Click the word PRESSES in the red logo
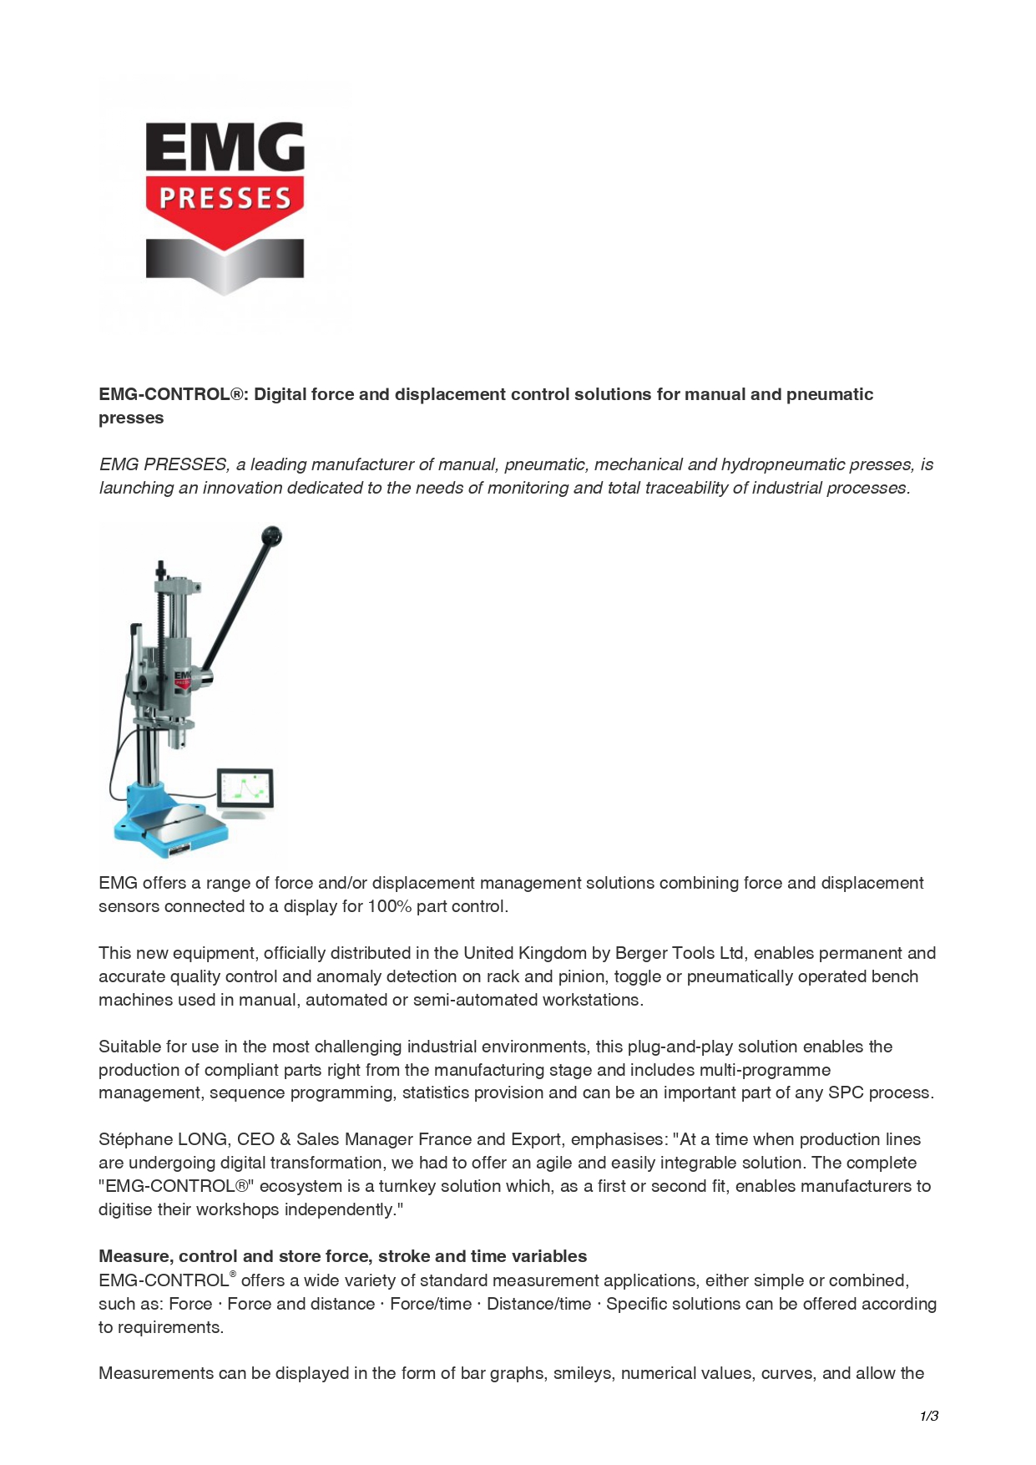point(225,198)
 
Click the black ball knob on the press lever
point(271,535)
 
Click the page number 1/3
point(928,1416)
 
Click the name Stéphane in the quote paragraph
point(134,1139)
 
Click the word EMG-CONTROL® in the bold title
point(173,394)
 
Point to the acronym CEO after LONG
point(255,1139)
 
